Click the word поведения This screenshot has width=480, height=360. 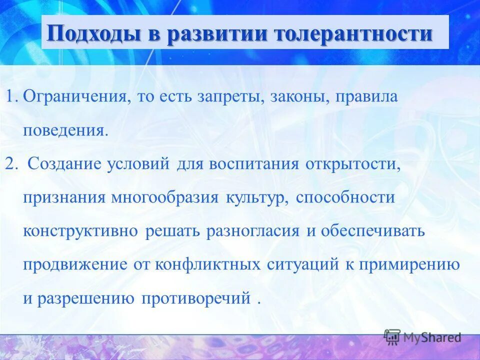point(65,130)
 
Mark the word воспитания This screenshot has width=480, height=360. point(254,163)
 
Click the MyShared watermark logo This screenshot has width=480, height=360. point(422,337)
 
